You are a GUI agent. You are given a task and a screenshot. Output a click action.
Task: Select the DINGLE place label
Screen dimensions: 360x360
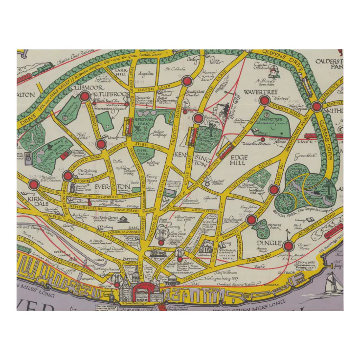click(x=269, y=243)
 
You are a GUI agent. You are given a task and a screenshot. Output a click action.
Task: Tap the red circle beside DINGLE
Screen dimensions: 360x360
click(x=288, y=246)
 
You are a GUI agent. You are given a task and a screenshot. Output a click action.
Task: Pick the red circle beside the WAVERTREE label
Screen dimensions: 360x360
click(x=265, y=101)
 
